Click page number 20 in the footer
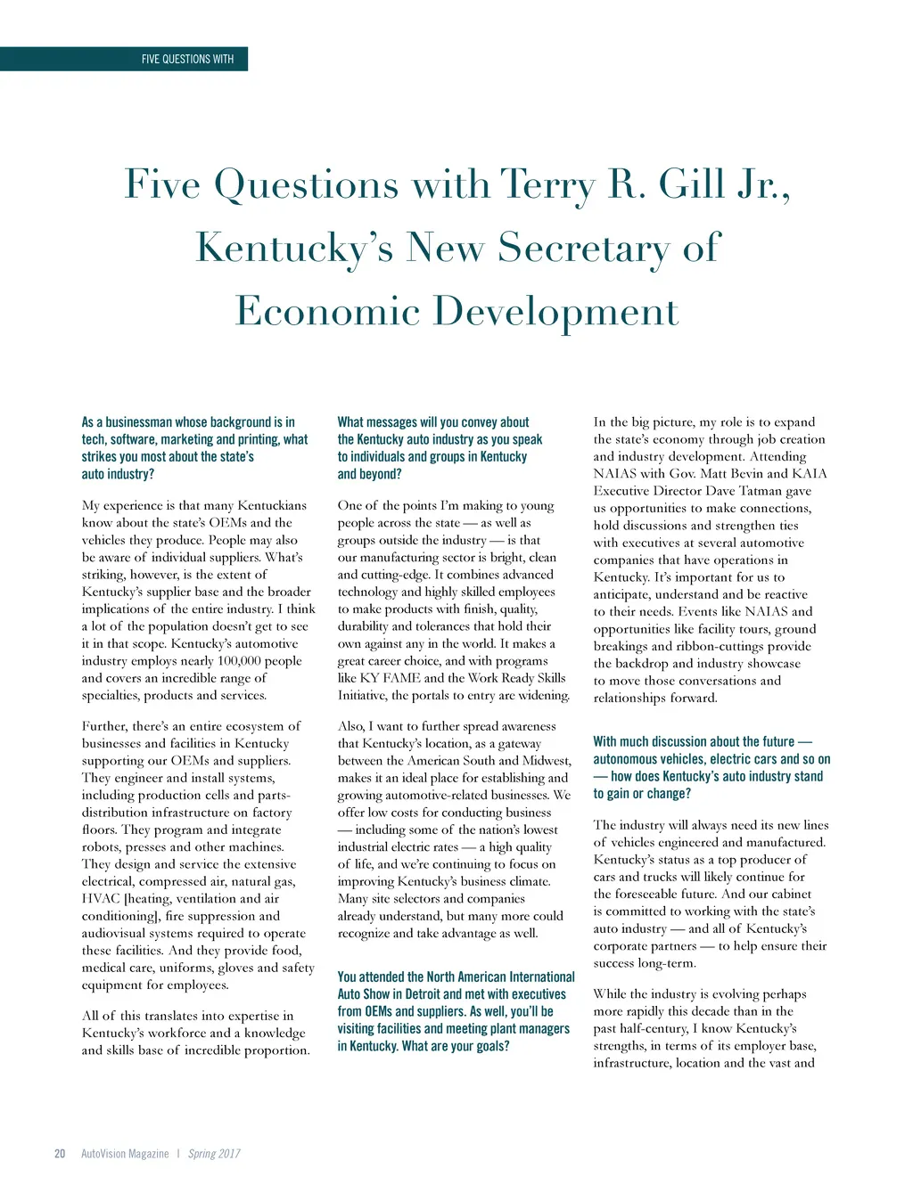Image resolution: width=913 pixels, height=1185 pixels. pyautogui.click(x=60, y=1154)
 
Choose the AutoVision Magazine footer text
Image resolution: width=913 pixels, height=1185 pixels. pyautogui.click(x=125, y=1154)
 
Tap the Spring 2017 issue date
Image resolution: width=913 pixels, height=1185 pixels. pyautogui.click(x=214, y=1154)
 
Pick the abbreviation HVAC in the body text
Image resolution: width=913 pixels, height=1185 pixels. pyautogui.click(x=101, y=899)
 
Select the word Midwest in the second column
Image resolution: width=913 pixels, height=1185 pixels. pyautogui.click(x=546, y=761)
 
